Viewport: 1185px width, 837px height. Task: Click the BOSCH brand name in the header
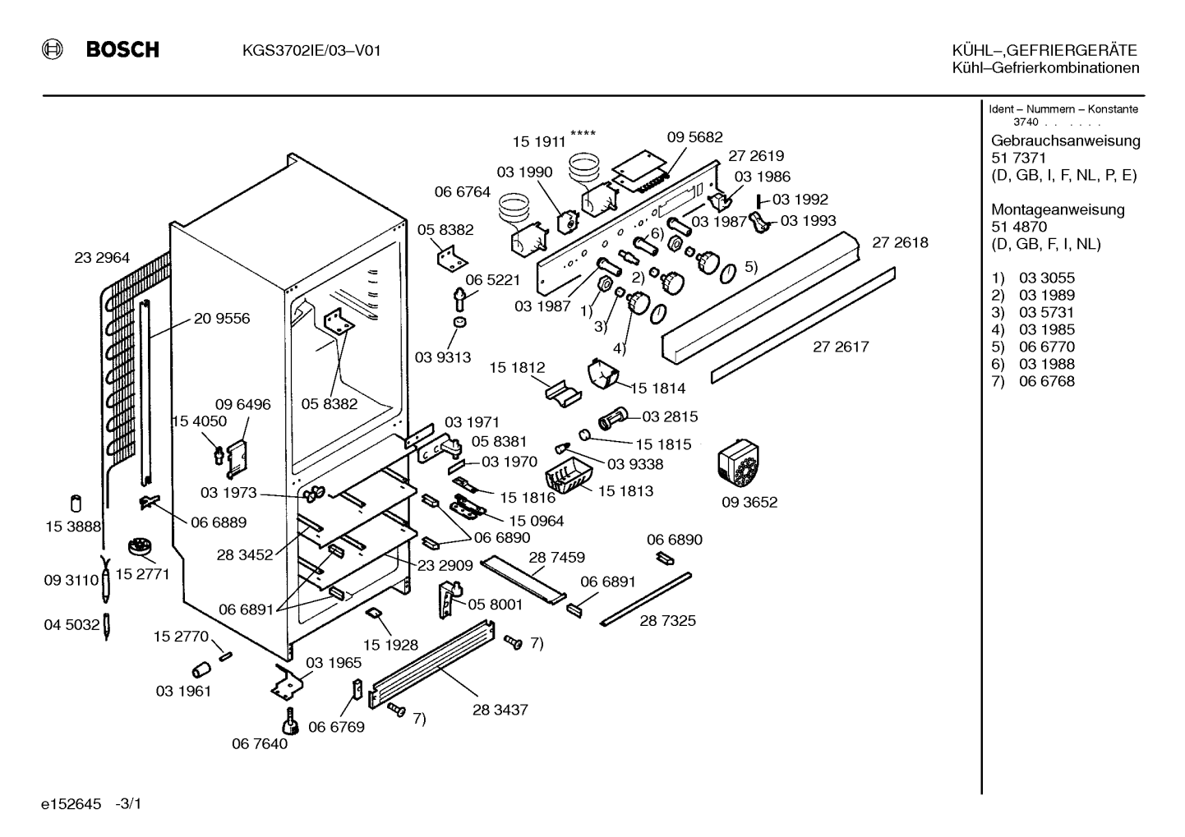point(122,50)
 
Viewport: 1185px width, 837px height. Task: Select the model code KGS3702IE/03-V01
point(311,51)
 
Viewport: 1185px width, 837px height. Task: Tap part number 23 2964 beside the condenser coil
point(102,257)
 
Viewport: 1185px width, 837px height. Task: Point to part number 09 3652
point(749,502)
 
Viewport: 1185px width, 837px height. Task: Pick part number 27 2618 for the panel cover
point(900,242)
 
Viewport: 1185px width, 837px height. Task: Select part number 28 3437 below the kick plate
point(500,710)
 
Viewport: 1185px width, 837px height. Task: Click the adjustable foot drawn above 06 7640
point(289,721)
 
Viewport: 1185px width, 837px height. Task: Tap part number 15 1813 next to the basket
point(625,490)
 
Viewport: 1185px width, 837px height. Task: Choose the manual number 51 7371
point(1018,158)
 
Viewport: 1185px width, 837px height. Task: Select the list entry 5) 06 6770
point(1033,347)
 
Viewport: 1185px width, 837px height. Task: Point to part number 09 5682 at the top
point(694,137)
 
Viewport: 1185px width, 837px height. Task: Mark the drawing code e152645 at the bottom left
point(71,804)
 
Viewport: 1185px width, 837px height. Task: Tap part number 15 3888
point(73,527)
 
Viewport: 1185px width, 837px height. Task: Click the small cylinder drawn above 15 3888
point(76,504)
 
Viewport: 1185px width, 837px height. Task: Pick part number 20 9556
point(222,319)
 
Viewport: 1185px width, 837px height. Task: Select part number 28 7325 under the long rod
point(667,620)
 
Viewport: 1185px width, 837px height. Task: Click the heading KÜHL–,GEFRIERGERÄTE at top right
point(1044,50)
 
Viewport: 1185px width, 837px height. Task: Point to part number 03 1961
point(183,691)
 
